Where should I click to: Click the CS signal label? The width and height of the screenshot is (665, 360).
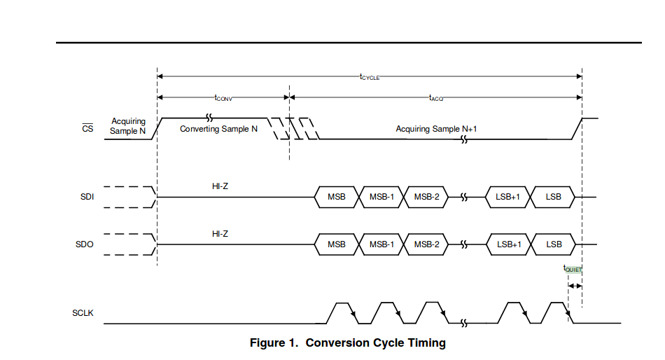(x=87, y=128)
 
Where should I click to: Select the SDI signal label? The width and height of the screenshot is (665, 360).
(x=87, y=197)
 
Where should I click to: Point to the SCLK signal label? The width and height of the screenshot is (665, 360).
(x=83, y=312)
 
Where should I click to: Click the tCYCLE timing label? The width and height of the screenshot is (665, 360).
(x=370, y=77)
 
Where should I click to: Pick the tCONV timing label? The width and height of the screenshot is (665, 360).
(x=224, y=99)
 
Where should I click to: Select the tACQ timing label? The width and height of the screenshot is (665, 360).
(x=436, y=99)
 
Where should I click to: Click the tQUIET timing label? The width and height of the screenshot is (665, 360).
(x=573, y=268)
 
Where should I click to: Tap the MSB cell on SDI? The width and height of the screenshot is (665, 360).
(x=337, y=197)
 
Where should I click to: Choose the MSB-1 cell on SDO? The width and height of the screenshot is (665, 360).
(x=381, y=244)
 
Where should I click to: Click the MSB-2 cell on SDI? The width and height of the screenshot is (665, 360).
(x=426, y=197)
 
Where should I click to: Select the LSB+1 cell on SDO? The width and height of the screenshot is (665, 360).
(x=509, y=244)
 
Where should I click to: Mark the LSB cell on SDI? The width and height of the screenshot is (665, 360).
(x=554, y=197)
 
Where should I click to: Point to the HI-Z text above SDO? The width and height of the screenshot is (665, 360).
(x=220, y=233)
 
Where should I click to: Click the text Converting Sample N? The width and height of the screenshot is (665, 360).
(x=218, y=129)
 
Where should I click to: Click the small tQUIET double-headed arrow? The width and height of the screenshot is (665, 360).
(x=575, y=286)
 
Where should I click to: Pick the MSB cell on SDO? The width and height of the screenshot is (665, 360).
(x=337, y=244)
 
